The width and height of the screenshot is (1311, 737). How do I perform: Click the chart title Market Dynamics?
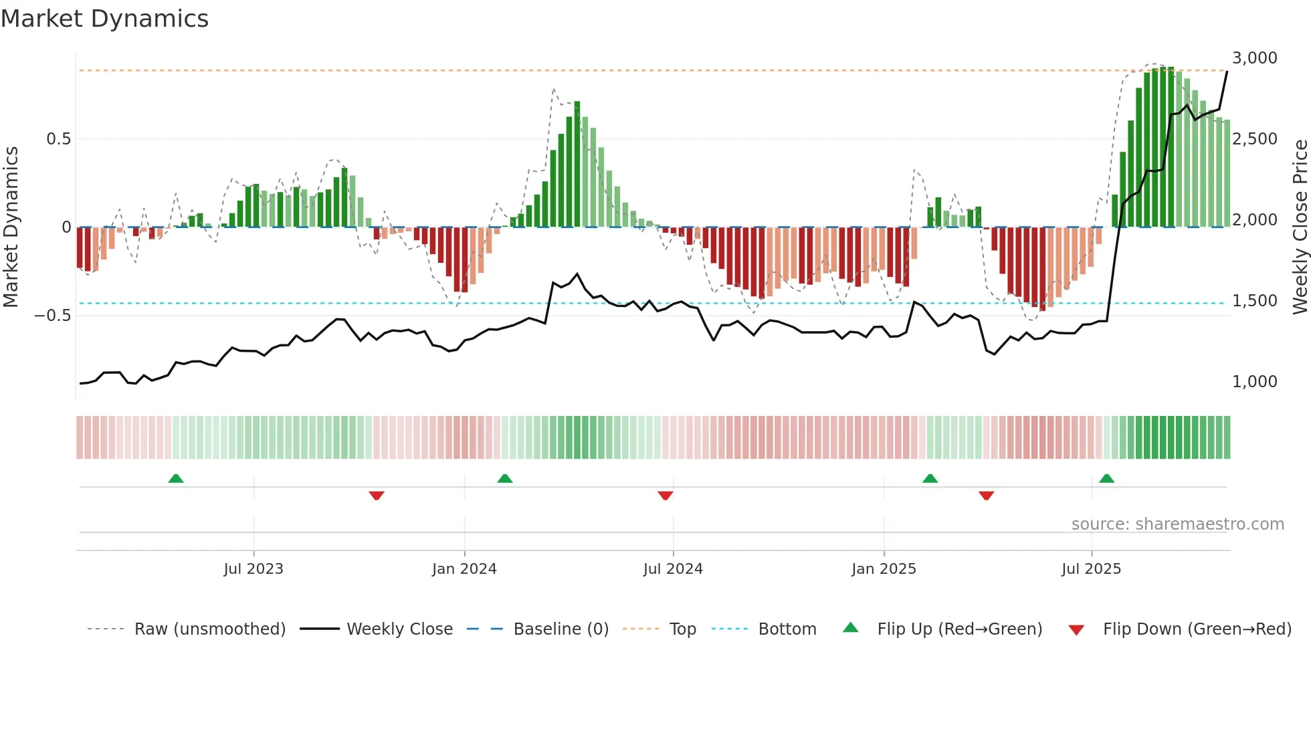pos(104,19)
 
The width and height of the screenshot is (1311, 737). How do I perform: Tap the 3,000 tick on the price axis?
pos(1254,58)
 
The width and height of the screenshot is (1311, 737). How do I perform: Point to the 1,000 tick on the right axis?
pos(1254,382)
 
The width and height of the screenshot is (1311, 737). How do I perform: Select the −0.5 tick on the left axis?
pos(52,315)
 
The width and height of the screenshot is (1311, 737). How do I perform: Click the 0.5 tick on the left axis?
pos(58,139)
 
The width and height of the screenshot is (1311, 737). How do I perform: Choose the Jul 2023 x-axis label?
pos(254,569)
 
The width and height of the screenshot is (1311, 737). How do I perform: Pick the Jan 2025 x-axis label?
pos(884,569)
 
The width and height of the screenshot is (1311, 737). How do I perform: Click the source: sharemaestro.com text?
pos(1177,524)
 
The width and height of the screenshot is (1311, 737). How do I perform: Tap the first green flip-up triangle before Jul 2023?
pos(176,479)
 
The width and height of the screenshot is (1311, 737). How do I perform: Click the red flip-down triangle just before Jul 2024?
pos(665,496)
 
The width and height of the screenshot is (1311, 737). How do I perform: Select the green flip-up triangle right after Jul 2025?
pos(1106,479)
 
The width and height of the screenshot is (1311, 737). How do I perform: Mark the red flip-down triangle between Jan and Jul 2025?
pos(986,496)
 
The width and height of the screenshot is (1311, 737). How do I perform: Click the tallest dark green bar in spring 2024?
pos(577,164)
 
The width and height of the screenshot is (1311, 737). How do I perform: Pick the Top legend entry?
pos(682,629)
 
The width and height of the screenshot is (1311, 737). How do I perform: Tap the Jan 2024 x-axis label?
pos(464,569)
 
